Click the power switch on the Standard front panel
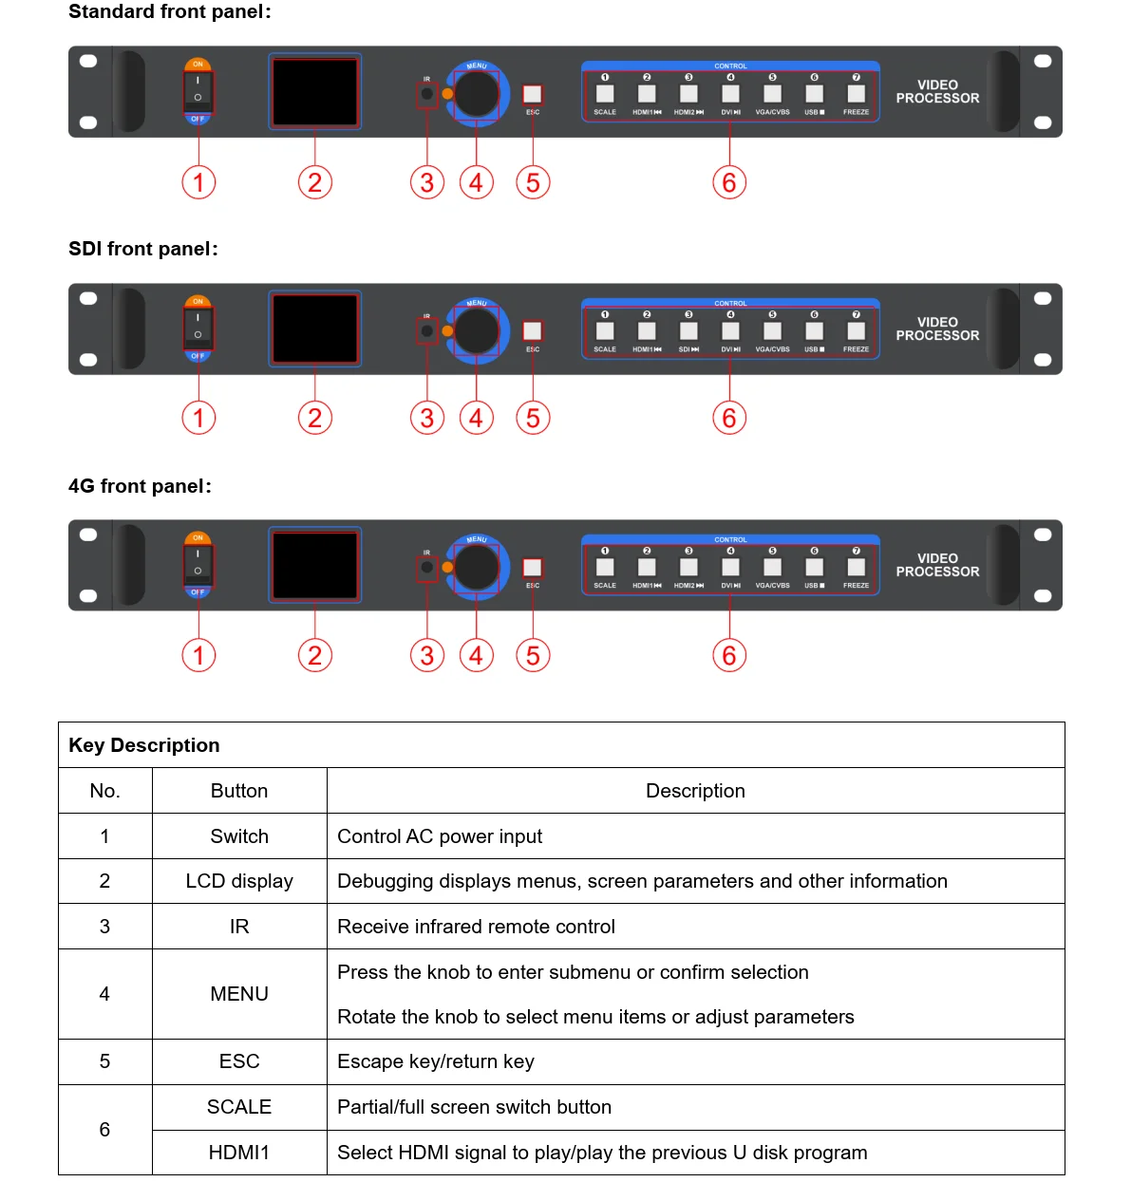pos(198,91)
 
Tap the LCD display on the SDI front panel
pos(315,328)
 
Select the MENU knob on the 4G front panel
pos(476,567)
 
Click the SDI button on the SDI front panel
pos(688,331)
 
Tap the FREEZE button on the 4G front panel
pos(856,568)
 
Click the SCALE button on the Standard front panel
pos(605,94)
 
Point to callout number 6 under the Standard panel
pos(729,182)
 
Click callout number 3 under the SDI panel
pos(427,418)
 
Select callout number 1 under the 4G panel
pos(198,655)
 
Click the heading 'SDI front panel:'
pos(143,249)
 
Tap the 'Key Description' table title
pos(144,745)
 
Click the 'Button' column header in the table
pos(239,791)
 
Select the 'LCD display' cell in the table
pos(239,881)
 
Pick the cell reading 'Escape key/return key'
pos(436,1061)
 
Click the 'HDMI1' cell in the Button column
pos(239,1153)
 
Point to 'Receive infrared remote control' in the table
pos(476,927)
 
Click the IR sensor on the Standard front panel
pos(427,94)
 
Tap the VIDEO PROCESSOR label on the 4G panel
pos(937,565)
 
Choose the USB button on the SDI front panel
pos(814,331)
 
